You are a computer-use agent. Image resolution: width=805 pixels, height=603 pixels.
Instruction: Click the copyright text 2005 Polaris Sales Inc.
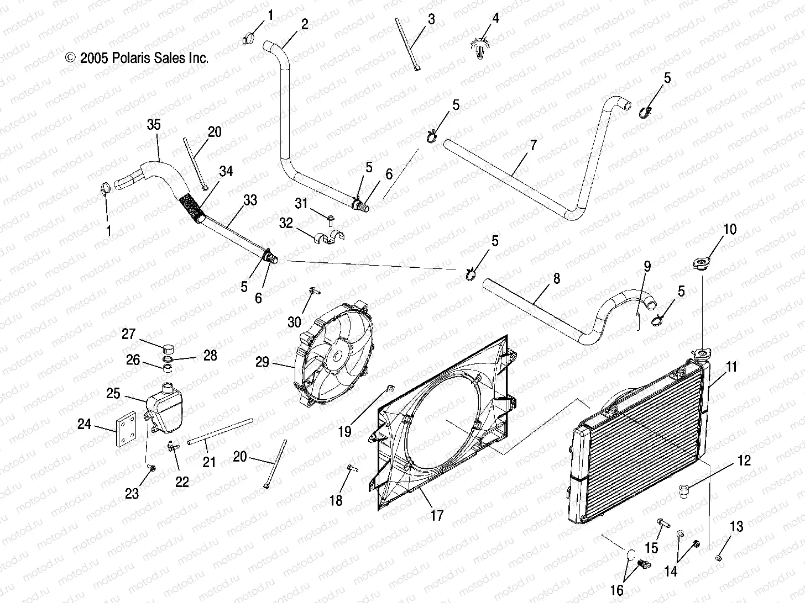coord(137,58)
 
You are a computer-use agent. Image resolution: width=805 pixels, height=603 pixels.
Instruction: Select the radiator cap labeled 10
coord(701,264)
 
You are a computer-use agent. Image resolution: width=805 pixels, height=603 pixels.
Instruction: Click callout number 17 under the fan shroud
coord(437,515)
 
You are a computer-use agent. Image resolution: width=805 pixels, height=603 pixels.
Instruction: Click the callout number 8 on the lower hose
coord(556,278)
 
